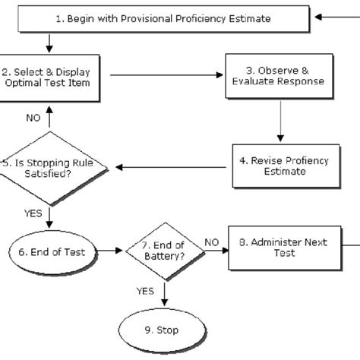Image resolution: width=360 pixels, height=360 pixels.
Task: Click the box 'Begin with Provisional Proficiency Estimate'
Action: (x=164, y=17)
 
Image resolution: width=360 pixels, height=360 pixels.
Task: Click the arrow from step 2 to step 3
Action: (x=167, y=74)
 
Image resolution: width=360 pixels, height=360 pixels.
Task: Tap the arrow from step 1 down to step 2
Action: (x=49, y=40)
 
